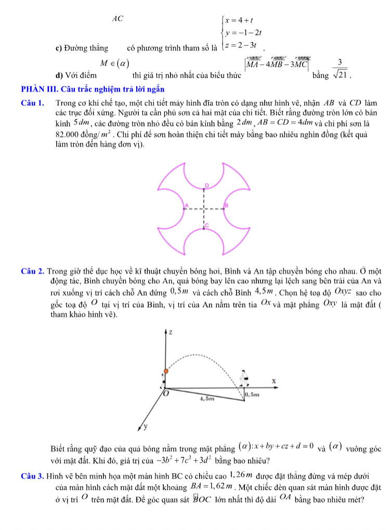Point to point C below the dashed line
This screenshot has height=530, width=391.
[x=206, y=227]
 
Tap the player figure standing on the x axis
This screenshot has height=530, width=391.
[x=243, y=377]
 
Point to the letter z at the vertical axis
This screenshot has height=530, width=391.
[x=170, y=331]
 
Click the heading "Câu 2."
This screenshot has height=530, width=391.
[x=33, y=271]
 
